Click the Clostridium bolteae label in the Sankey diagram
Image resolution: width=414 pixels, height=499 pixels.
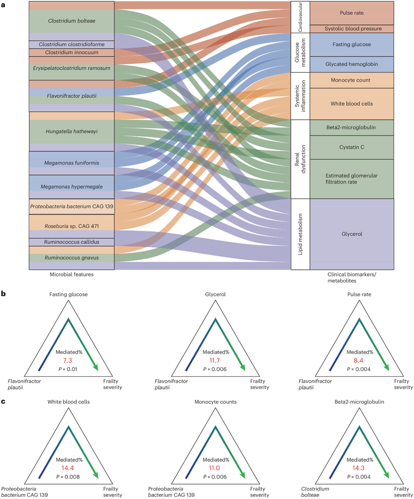pyautogui.click(x=71, y=20)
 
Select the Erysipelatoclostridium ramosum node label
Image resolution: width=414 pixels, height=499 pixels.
pyautogui.click(x=71, y=68)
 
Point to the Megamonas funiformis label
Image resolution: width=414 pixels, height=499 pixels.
pyautogui.click(x=71, y=163)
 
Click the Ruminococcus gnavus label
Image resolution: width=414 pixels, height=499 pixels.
pyautogui.click(x=71, y=257)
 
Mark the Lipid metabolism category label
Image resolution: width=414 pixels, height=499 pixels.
pyautogui.click(x=300, y=235)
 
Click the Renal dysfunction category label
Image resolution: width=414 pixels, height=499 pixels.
pyautogui.click(x=300, y=159)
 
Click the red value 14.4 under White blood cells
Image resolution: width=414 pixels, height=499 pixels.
pyautogui.click(x=69, y=469)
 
